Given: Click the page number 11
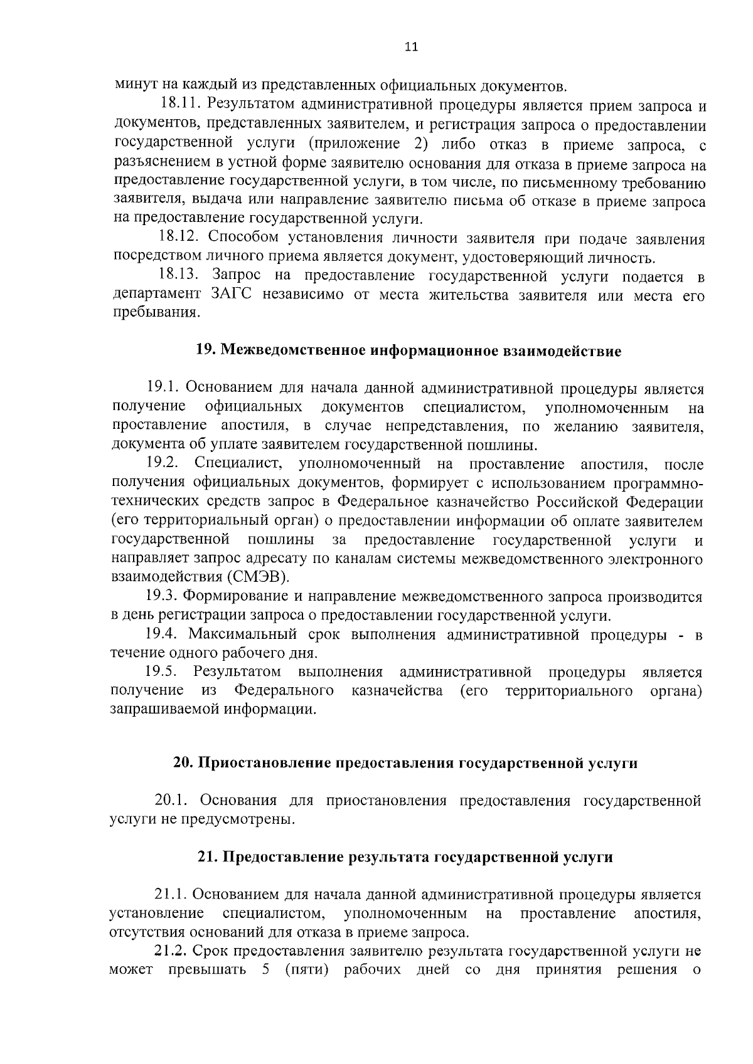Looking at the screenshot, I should [411, 47].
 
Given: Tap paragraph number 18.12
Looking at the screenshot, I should [178, 239].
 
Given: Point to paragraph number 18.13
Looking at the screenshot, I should [178, 276].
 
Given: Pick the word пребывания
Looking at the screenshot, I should [156, 313].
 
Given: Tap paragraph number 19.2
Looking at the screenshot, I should [163, 464].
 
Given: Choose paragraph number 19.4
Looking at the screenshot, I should [163, 635].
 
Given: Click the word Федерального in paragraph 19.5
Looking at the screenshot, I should [284, 691].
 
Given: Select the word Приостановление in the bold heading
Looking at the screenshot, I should [264, 763].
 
